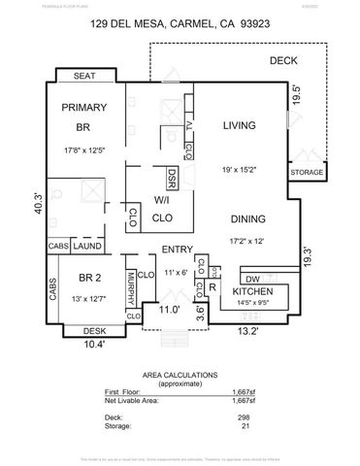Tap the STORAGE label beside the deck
pos(307,174)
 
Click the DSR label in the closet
pos(172,179)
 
